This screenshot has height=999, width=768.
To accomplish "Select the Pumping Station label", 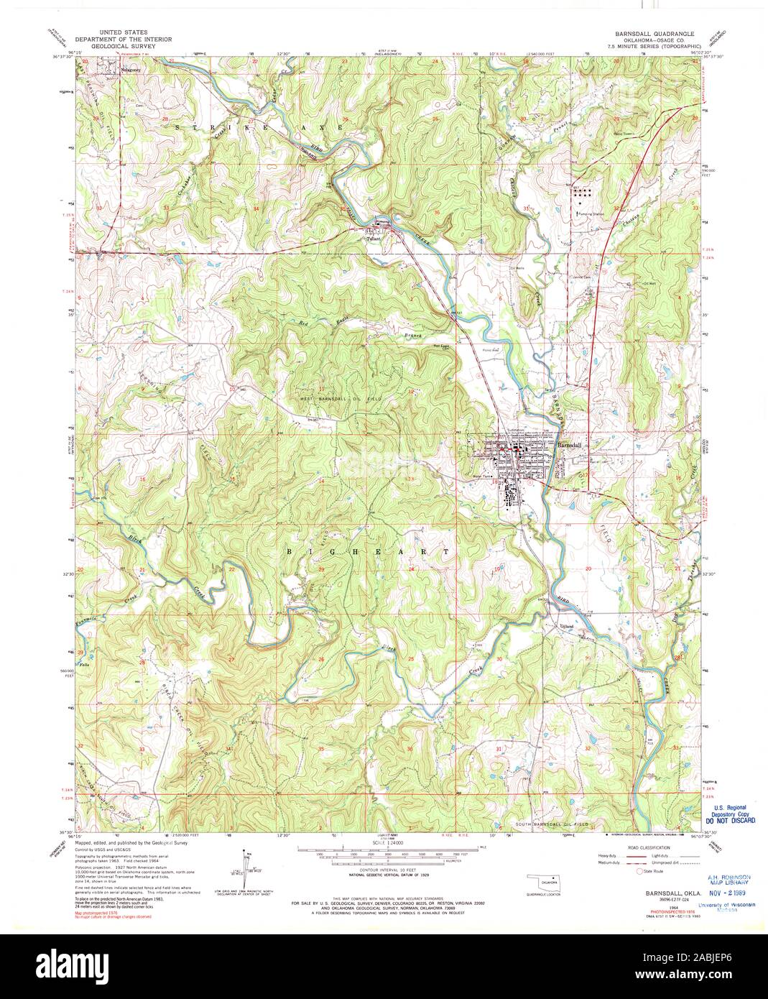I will [x=592, y=214].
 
